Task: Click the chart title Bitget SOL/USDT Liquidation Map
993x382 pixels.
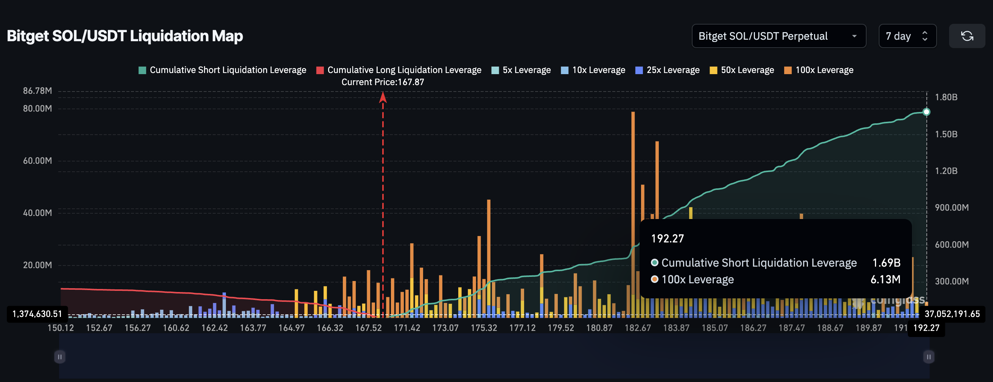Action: click(x=125, y=36)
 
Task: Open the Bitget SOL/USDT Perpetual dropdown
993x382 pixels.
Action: click(x=778, y=36)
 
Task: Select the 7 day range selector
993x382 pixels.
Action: click(x=907, y=36)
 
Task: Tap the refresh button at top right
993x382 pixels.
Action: click(x=967, y=36)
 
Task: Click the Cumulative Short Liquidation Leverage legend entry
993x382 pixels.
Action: click(x=223, y=70)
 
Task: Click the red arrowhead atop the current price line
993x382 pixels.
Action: click(x=383, y=97)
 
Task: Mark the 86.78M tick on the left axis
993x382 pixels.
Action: click(x=37, y=91)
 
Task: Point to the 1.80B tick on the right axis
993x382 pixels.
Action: click(x=946, y=97)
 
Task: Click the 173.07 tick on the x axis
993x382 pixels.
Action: click(x=445, y=328)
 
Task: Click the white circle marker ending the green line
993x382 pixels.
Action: click(x=926, y=112)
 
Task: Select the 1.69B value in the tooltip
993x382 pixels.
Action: click(x=886, y=262)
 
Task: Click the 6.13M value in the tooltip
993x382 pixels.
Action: click(x=886, y=280)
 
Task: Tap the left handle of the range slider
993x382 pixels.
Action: click(x=60, y=357)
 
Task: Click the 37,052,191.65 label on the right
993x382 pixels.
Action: click(x=952, y=314)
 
